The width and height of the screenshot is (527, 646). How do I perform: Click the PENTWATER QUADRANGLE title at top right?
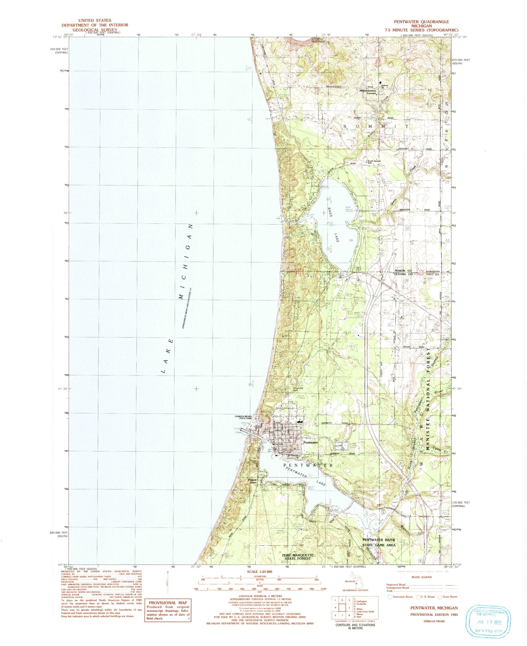pos(421,22)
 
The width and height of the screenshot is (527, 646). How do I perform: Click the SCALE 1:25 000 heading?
pos(260,572)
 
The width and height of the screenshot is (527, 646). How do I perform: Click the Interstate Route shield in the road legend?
pos(390,597)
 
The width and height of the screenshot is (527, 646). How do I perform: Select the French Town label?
pos(252,481)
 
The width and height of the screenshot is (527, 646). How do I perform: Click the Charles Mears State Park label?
pos(243,418)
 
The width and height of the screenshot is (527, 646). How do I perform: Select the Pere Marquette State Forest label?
pos(297,556)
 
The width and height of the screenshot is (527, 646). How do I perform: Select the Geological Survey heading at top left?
pos(95,30)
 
